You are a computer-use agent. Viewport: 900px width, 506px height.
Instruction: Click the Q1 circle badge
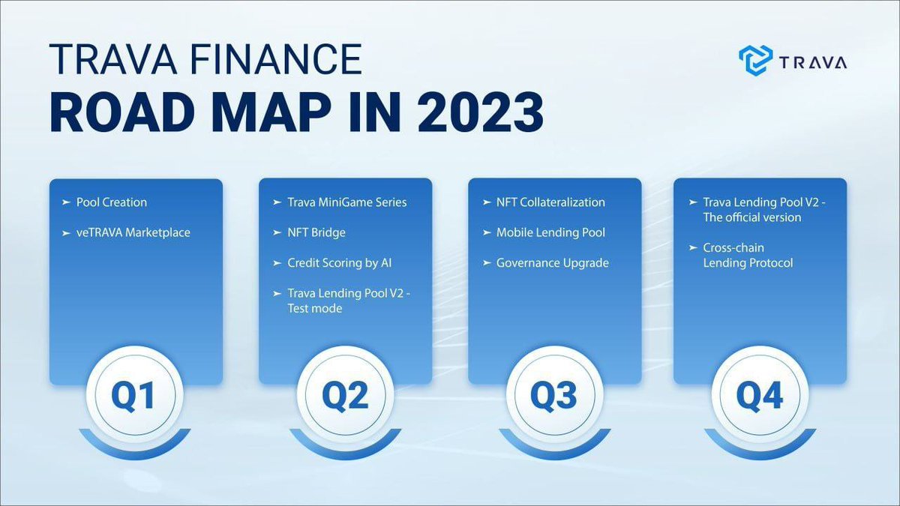click(136, 397)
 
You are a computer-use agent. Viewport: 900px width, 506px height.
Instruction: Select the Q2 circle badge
click(345, 397)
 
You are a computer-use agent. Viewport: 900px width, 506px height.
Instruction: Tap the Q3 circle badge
click(554, 397)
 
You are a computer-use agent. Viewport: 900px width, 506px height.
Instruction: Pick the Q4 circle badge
click(760, 397)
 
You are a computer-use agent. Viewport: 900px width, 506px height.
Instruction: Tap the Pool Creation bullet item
click(112, 202)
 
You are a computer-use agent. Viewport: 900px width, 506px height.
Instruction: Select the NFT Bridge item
click(316, 232)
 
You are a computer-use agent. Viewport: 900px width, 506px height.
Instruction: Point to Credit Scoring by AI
click(339, 262)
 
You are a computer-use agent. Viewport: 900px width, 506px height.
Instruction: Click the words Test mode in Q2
click(314, 308)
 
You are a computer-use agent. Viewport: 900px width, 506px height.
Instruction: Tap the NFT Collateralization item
click(550, 202)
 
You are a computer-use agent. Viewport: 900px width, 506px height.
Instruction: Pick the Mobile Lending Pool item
click(550, 232)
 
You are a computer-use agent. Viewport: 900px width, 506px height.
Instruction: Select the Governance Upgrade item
click(553, 262)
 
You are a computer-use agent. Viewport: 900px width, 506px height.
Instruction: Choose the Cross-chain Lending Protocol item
click(748, 255)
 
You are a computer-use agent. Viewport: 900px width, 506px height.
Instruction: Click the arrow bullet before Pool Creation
click(66, 202)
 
